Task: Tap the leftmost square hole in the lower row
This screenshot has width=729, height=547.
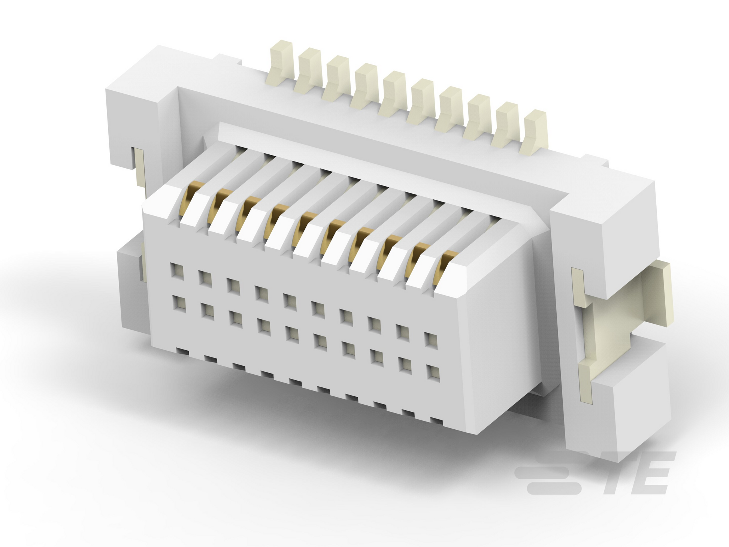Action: click(179, 303)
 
